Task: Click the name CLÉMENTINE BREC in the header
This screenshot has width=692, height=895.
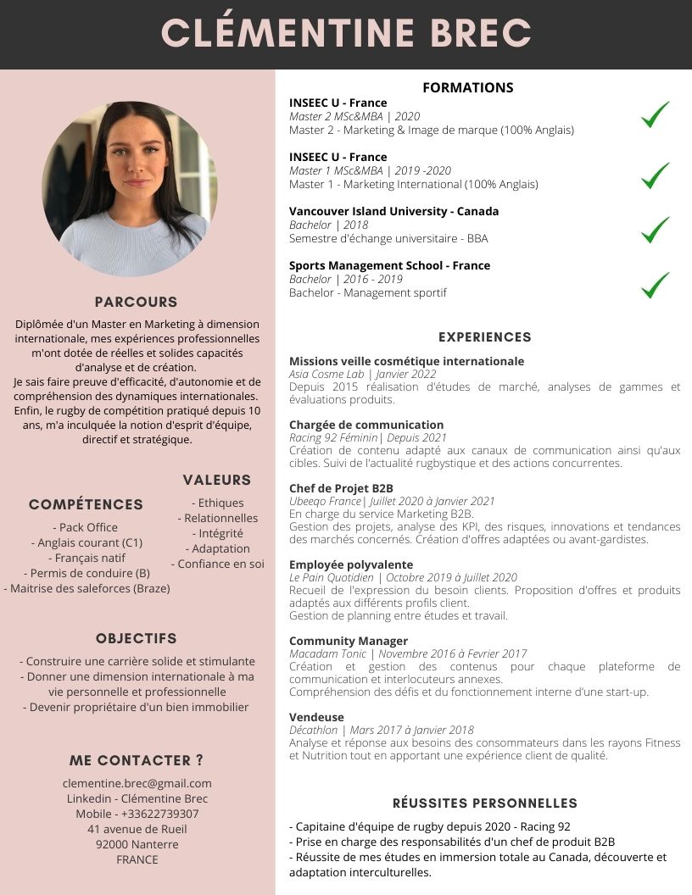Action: tap(346, 34)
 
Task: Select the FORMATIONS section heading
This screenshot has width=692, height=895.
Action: tap(468, 87)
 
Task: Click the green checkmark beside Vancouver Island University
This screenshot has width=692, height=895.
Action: tap(655, 230)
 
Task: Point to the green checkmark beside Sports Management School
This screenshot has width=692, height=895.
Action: tap(655, 285)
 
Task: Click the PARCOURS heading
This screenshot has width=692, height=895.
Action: tap(137, 302)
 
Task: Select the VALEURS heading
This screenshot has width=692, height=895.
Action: tap(217, 480)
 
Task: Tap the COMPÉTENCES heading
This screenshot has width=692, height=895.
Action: tap(86, 504)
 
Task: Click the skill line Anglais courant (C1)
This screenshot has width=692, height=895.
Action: tap(86, 542)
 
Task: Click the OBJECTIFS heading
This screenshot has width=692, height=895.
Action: tap(137, 638)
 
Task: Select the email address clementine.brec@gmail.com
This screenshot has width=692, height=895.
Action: tap(137, 783)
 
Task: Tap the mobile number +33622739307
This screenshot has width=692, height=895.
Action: tap(137, 814)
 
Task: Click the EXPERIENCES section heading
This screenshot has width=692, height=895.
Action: tap(485, 336)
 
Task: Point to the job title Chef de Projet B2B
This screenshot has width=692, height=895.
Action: tap(341, 488)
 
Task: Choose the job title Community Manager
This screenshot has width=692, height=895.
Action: tap(349, 641)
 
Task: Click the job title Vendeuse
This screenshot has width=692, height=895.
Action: tap(316, 717)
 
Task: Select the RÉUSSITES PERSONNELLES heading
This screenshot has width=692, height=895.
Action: tap(485, 803)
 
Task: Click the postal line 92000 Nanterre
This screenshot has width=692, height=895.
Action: tap(137, 844)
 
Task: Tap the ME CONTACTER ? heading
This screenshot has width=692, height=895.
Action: tap(137, 760)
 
